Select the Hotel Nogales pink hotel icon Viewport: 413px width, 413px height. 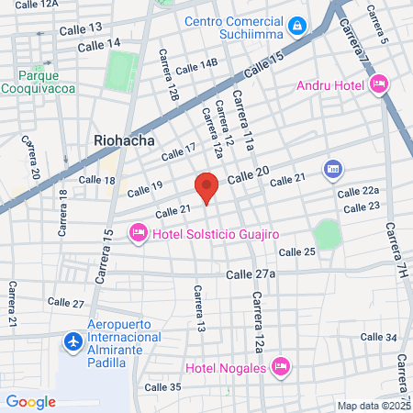click(x=282, y=367)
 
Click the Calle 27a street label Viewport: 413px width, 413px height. click(x=251, y=273)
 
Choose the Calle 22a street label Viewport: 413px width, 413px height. click(x=358, y=191)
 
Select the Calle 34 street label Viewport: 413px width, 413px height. click(x=378, y=338)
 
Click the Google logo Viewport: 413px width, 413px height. click(x=30, y=401)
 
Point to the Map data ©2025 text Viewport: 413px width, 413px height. click(x=372, y=406)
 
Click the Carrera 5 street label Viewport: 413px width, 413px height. click(x=378, y=24)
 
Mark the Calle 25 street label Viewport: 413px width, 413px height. click(x=296, y=251)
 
